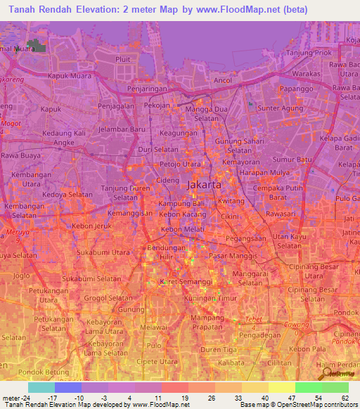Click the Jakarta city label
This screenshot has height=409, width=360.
click(x=205, y=185)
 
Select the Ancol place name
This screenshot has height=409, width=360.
click(x=223, y=80)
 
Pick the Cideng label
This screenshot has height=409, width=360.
click(x=167, y=181)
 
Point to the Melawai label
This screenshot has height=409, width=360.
click(x=153, y=326)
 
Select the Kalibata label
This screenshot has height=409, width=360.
click(x=230, y=363)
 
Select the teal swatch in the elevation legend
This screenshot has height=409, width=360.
click(x=41, y=387)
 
